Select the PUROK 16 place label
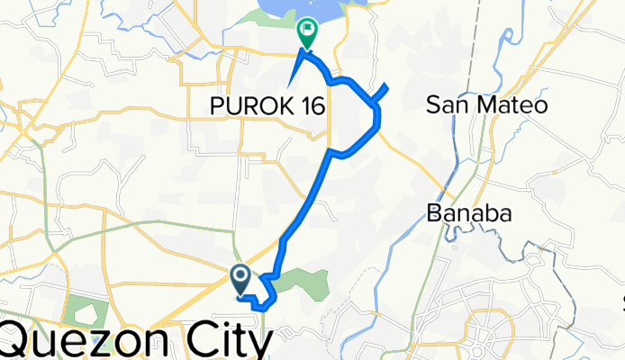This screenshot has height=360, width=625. tap(267, 106)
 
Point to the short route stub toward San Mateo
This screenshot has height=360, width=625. tap(383, 91)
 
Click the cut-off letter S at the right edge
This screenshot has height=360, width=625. tap(622, 300)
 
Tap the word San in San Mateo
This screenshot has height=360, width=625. tap(446, 106)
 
